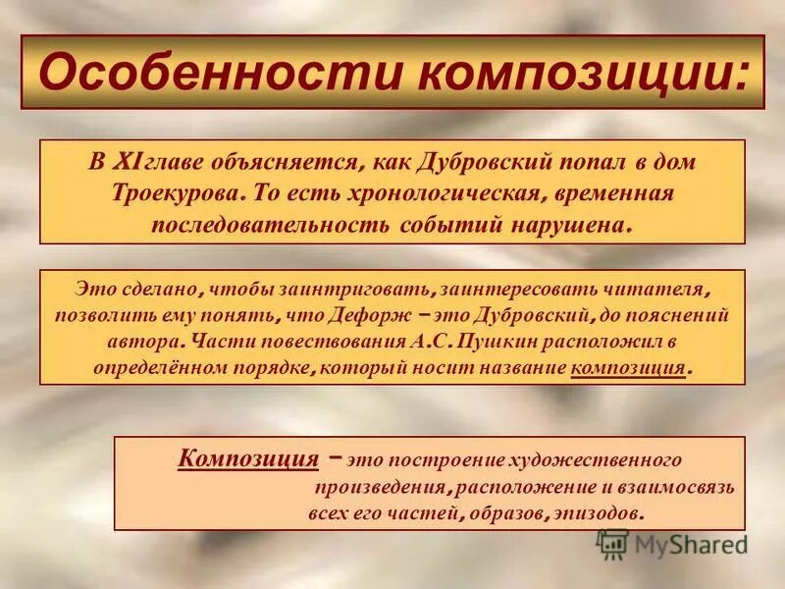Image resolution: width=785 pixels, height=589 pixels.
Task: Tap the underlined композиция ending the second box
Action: click(x=627, y=368)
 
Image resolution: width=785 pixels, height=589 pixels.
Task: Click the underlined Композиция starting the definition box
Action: click(x=248, y=458)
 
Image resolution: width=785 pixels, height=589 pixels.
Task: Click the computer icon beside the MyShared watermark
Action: click(x=613, y=543)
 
